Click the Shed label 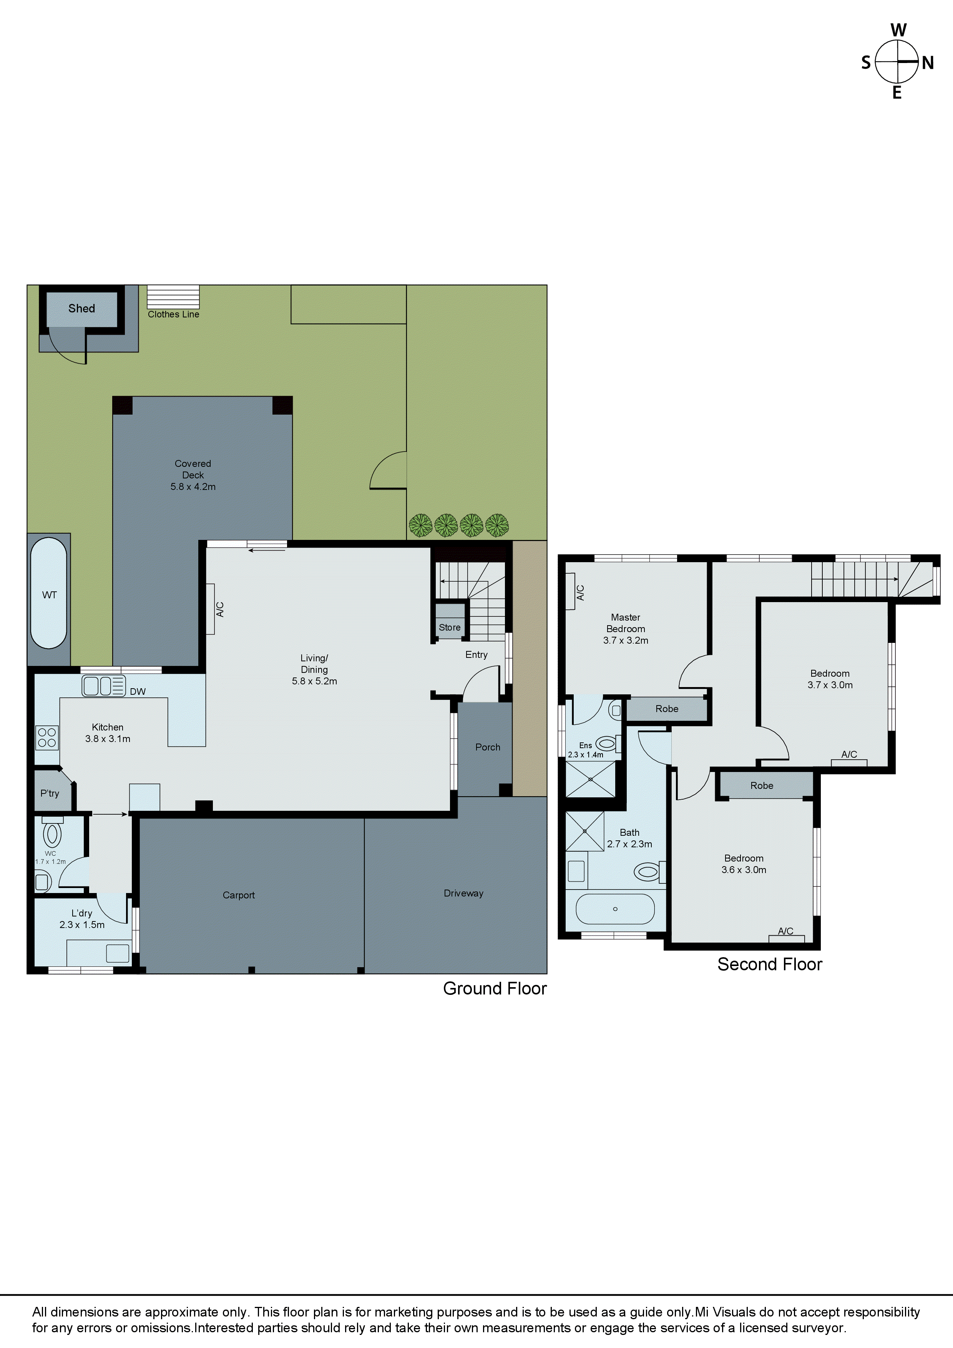point(81,308)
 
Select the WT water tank point(49,594)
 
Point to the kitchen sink point(103,686)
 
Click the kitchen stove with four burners point(46,737)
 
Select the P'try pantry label point(50,793)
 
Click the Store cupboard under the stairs point(450,627)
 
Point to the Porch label point(487,747)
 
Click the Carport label point(238,895)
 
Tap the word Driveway point(463,893)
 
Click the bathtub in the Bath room point(615,909)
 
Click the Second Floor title point(769,964)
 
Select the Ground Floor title point(495,988)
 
